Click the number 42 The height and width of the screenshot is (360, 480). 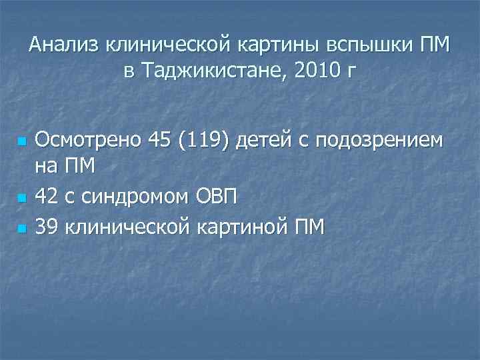46,197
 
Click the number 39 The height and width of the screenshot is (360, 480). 46,227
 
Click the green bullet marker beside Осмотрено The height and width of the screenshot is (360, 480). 21,142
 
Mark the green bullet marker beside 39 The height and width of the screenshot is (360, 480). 21,229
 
